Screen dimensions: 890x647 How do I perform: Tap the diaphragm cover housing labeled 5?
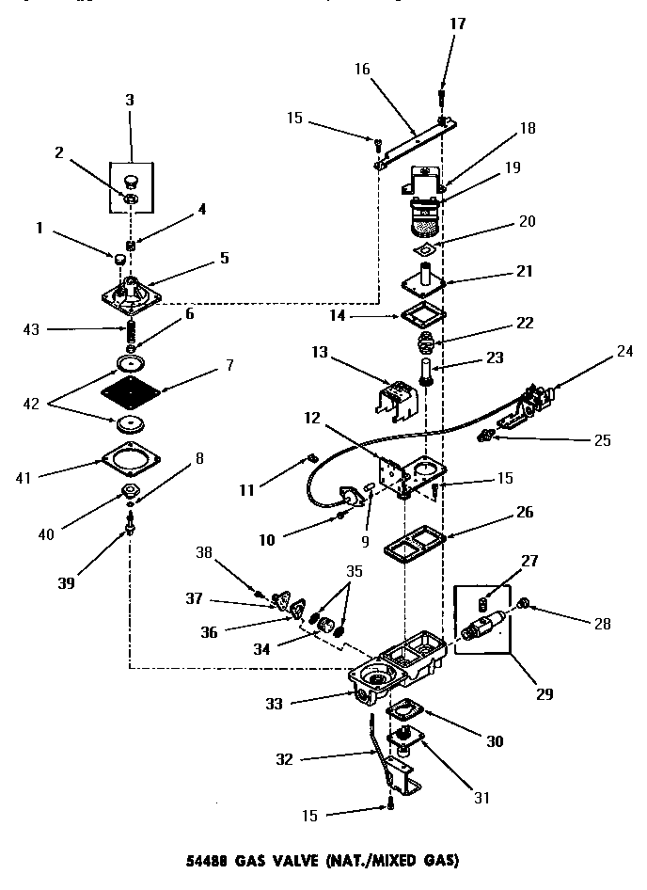click(x=132, y=289)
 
